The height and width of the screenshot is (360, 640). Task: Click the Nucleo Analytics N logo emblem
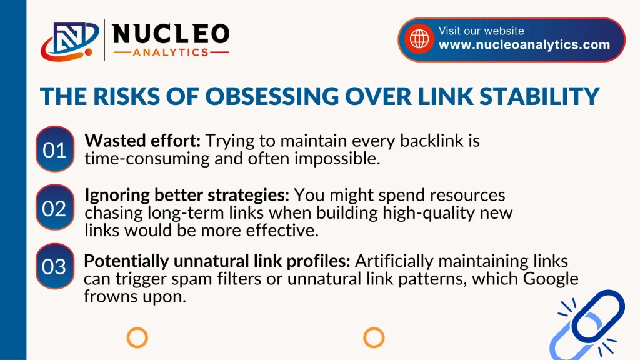[70, 41]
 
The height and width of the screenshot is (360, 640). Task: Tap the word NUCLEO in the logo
[171, 34]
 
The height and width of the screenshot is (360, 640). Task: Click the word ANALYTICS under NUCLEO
[171, 52]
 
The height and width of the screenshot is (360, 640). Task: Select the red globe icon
[419, 39]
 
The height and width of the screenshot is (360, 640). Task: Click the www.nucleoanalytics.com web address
[524, 44]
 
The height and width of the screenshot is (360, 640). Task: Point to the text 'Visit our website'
[481, 31]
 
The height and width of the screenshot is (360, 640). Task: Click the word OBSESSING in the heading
[272, 96]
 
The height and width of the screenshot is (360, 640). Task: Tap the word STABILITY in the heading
[539, 96]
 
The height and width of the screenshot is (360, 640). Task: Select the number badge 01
[55, 149]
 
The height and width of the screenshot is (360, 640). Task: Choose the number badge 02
[55, 207]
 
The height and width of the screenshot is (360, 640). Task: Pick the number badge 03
[55, 266]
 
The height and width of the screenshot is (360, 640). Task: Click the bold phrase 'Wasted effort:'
[142, 141]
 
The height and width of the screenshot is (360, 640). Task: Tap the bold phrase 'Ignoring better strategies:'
[187, 195]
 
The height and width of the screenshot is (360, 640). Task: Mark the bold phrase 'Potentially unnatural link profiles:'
[217, 261]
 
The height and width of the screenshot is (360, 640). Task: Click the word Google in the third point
[551, 279]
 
